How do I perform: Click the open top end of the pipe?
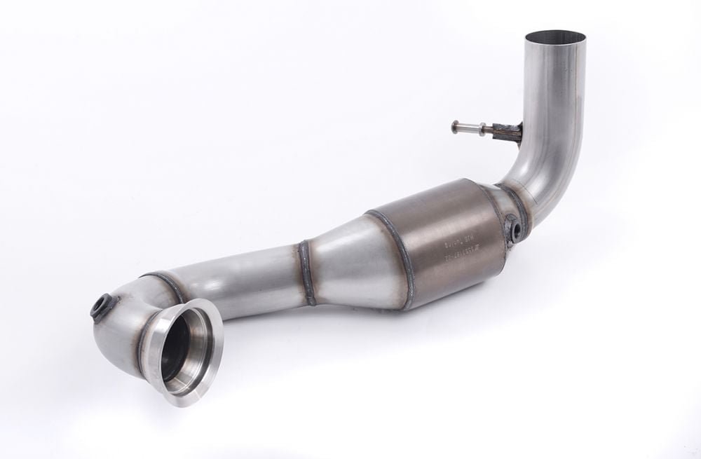(x=553, y=36)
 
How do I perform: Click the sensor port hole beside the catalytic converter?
(x=515, y=229)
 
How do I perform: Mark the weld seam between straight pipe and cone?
(x=306, y=273)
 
